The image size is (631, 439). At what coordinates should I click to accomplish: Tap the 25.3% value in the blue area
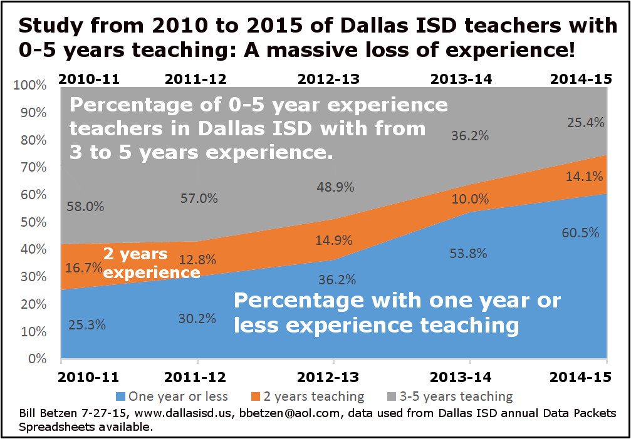[x=86, y=324]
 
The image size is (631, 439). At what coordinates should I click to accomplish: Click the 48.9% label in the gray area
[x=335, y=187]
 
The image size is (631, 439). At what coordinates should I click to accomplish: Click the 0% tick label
[x=36, y=359]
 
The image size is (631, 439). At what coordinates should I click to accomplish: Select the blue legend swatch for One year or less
[x=121, y=396]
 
